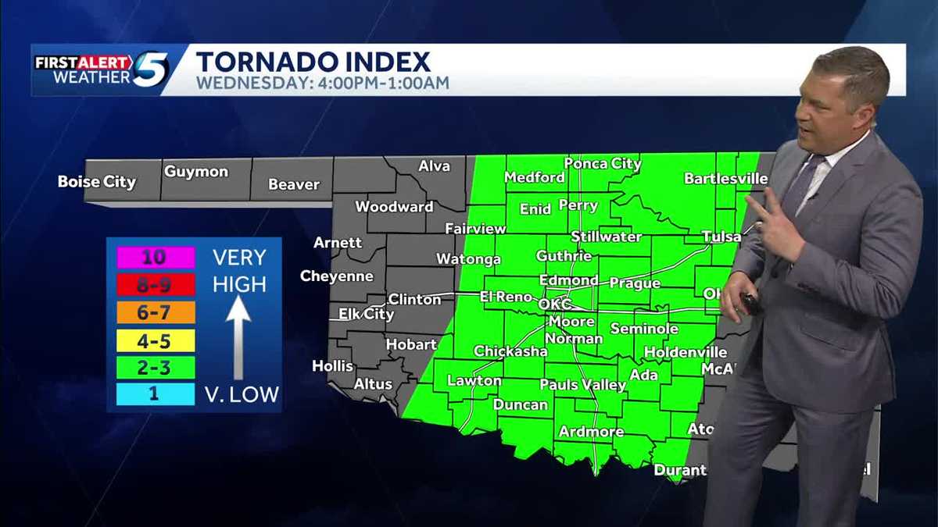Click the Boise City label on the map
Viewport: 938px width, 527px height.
pos(97,182)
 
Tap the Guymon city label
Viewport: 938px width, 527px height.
pos(196,171)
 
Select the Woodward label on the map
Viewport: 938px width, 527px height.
pos(394,207)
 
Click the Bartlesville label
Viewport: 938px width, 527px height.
pos(725,179)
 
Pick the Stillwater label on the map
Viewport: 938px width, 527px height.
pos(606,237)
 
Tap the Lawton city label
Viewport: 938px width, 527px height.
pos(474,381)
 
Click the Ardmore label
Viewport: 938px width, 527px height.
pos(591,432)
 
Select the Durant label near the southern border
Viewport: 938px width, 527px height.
pos(679,470)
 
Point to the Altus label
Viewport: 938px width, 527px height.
pos(373,384)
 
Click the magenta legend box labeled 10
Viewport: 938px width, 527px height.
pos(156,257)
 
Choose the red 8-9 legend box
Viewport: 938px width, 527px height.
pos(156,284)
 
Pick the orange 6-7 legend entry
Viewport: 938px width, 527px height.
pos(156,312)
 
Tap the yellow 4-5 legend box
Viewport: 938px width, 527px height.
pos(156,340)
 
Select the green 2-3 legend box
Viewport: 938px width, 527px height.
pos(156,367)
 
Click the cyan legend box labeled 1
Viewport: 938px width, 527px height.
pos(156,394)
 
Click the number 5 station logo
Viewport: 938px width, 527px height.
pos(151,69)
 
